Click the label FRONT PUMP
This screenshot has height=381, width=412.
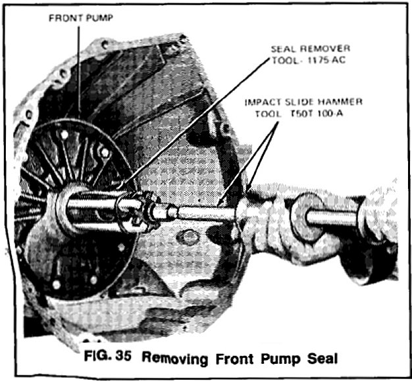click(x=81, y=18)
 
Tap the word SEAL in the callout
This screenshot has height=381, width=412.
click(x=284, y=49)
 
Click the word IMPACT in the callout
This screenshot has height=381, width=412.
click(x=263, y=102)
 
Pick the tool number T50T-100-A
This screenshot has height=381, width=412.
click(x=317, y=114)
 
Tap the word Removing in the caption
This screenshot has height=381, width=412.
click(x=175, y=358)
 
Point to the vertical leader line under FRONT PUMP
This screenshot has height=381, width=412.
click(x=79, y=72)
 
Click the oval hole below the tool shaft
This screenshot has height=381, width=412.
click(x=188, y=238)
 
